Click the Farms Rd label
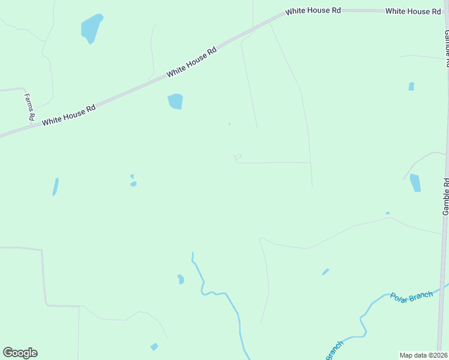pos(29,107)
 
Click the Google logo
pos(20,353)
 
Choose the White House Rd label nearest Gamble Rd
pos(413,11)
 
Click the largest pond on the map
pos(91,28)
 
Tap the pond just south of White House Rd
pos(175,101)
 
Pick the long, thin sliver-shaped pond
pos(55,186)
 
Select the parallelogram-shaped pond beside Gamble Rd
pos(415,183)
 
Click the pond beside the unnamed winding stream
pos(181,279)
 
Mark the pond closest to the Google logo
pos(154,347)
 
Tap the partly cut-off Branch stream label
pos(334,349)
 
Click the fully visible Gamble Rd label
pos(445,197)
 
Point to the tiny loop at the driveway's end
pos(238,157)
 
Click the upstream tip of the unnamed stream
pos(192,253)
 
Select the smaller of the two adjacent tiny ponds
pos(131,176)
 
